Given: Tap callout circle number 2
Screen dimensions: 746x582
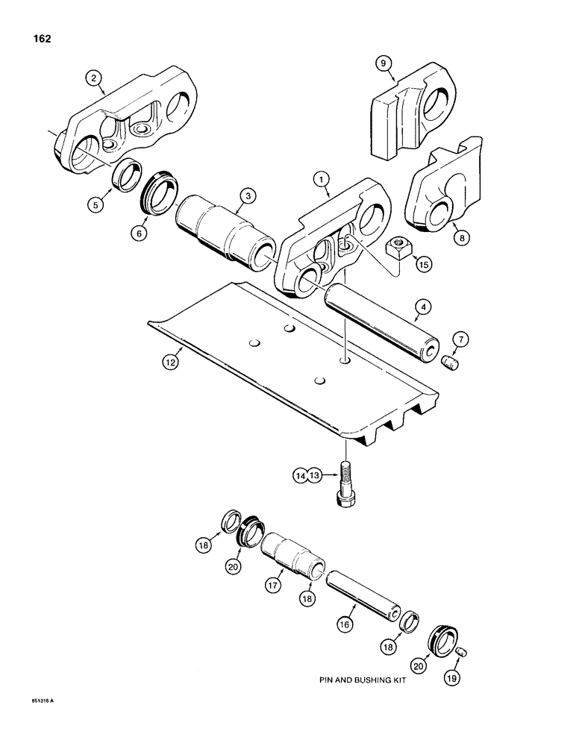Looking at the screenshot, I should pyautogui.click(x=93, y=77).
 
